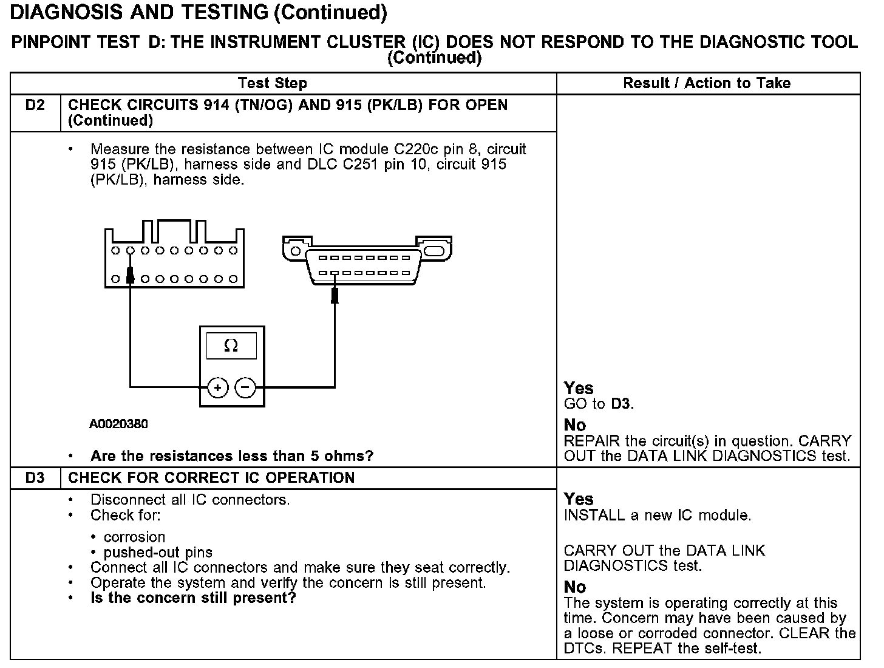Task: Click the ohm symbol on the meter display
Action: click(231, 346)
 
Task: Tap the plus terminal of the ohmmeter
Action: click(217, 387)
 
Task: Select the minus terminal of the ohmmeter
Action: click(245, 387)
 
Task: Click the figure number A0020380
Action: click(118, 424)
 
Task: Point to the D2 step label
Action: click(35, 105)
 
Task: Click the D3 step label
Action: click(35, 478)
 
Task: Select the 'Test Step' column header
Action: click(273, 83)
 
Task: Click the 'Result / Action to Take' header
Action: click(707, 83)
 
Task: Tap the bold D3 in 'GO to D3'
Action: click(620, 404)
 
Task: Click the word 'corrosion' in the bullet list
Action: click(134, 537)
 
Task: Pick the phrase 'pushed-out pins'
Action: click(158, 553)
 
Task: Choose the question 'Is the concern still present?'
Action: click(193, 598)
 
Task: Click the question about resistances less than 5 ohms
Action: click(232, 456)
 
